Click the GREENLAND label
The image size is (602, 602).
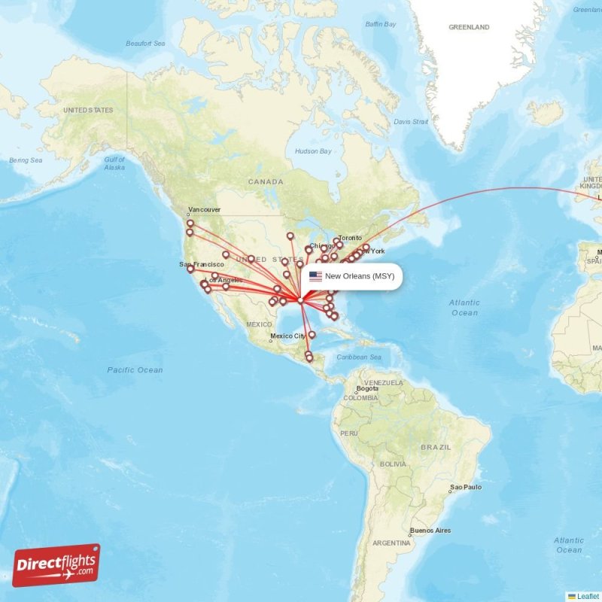469,27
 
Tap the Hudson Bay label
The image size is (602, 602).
313,151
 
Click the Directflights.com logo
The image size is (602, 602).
56,565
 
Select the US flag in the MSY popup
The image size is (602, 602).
315,276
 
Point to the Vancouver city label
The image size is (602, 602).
204,210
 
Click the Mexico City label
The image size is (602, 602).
287,336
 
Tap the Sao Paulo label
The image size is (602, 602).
465,488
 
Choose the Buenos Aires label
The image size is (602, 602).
430,531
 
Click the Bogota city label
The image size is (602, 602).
368,388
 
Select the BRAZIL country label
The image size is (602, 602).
436,447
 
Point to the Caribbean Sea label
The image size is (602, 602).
360,357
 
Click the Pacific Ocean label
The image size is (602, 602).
135,369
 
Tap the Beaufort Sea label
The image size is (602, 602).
145,44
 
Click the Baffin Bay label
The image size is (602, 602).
380,24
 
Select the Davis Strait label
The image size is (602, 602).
411,121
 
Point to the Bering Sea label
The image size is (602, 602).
26,160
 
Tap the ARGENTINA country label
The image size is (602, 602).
391,543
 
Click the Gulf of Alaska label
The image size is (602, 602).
114,163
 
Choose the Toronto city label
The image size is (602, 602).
349,238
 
